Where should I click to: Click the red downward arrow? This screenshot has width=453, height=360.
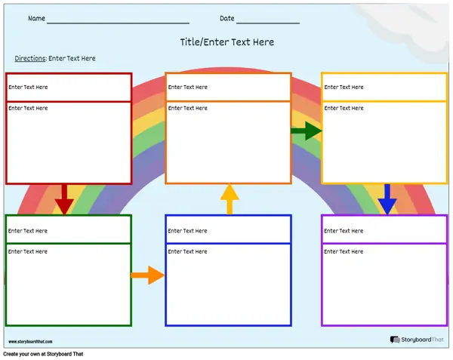64,199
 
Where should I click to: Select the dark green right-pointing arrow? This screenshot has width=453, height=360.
307,131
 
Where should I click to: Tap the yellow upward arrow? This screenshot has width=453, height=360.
230,199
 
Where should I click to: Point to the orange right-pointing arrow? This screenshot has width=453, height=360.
148,275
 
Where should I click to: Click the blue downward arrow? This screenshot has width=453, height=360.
387,199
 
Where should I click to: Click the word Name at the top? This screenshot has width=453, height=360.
36,18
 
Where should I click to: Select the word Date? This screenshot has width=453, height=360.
227,18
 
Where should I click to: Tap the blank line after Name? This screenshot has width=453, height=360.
118,23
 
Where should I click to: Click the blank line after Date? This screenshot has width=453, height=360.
268,23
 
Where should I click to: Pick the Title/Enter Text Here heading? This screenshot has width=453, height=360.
227,42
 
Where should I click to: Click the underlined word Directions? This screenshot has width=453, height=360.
30,58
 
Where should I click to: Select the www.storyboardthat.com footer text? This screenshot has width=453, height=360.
30,342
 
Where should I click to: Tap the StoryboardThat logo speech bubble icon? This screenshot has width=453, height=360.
395,340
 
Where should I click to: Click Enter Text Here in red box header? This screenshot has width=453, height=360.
28,87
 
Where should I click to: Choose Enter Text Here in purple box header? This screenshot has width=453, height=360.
344,231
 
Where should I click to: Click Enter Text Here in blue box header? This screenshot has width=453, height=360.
187,231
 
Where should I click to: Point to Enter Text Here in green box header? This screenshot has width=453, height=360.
28,231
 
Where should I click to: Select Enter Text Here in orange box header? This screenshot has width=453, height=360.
188,87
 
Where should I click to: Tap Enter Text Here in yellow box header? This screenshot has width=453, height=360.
344,87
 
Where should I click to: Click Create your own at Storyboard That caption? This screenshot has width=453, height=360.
43,354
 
